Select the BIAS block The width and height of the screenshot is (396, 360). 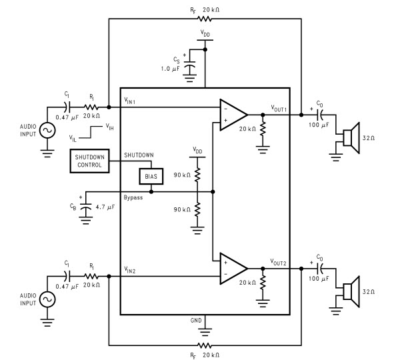pyautogui.click(x=151, y=176)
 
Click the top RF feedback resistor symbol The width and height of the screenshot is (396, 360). pyautogui.click(x=204, y=19)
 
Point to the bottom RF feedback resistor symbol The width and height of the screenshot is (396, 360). pyautogui.click(x=204, y=345)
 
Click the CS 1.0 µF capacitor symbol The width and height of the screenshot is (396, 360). pyautogui.click(x=189, y=68)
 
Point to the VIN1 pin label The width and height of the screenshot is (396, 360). pyautogui.click(x=130, y=101)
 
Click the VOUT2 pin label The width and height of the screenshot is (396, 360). pyautogui.click(x=278, y=262)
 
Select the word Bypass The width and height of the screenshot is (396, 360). pyautogui.click(x=133, y=197)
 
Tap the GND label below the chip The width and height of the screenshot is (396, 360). pyautogui.click(x=196, y=321)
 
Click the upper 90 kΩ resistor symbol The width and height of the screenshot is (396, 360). pyautogui.click(x=197, y=174)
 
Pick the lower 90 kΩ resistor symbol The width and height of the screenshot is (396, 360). pyautogui.click(x=197, y=209)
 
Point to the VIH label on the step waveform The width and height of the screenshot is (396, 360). pyautogui.click(x=109, y=127)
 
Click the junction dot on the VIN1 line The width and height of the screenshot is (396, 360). pyautogui.click(x=109, y=107)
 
